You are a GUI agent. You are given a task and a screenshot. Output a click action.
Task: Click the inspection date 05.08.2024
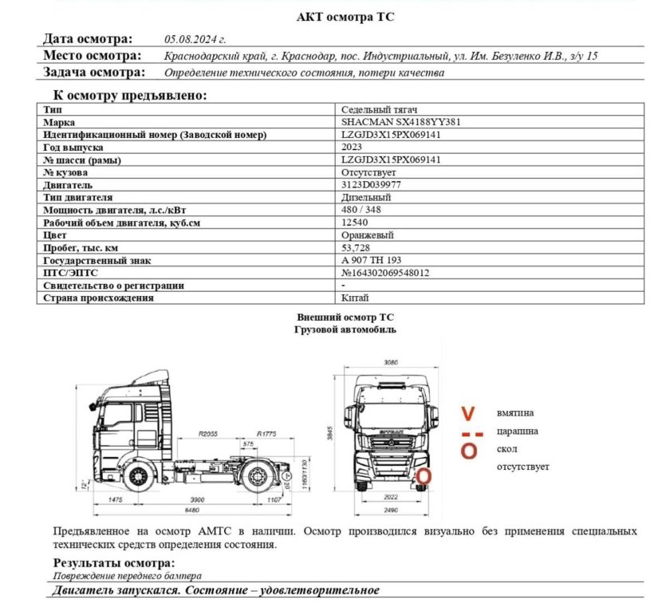[195, 38]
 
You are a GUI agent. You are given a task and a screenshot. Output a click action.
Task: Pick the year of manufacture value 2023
[352, 148]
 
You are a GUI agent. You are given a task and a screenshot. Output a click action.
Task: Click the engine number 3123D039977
[371, 184]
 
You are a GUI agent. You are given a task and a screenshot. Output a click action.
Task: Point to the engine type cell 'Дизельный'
[365, 197]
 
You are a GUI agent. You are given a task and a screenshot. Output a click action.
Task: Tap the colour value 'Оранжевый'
[368, 235]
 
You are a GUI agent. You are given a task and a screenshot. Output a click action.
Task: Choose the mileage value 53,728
[357, 248]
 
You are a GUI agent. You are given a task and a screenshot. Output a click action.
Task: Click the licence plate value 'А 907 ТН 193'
[371, 260]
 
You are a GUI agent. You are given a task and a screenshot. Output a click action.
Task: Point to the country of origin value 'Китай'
[355, 298]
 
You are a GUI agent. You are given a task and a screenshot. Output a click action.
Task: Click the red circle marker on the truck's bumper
[425, 478]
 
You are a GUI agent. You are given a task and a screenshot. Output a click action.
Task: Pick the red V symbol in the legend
[470, 413]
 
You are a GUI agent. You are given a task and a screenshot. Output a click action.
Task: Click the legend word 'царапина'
[517, 432]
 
